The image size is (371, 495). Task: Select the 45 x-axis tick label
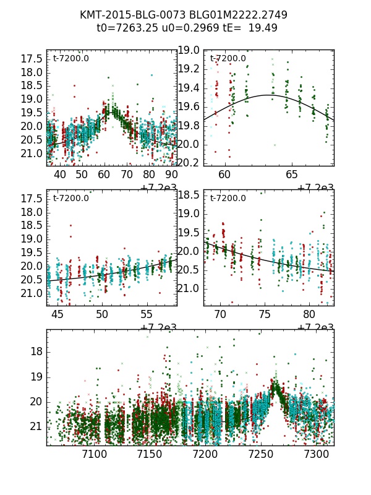pyautogui.click(x=58, y=315)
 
